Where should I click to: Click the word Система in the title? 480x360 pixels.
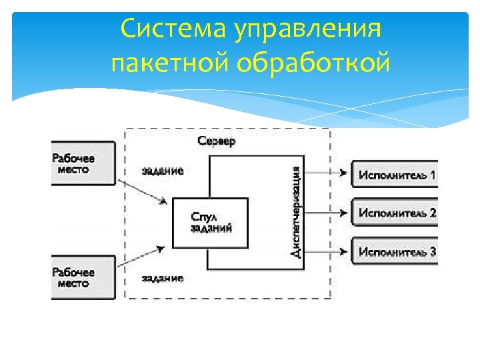169,30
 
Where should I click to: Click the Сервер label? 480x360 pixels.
217,142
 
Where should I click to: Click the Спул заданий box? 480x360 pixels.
210,223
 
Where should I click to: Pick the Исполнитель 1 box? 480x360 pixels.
395,175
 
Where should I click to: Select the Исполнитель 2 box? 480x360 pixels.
395,213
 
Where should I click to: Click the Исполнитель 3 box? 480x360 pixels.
395,251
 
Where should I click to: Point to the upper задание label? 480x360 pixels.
163,171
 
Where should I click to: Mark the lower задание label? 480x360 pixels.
163,277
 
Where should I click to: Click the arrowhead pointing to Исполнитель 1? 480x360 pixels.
343,175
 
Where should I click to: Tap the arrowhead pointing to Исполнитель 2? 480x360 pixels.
343,213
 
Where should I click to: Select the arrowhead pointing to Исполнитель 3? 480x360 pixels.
343,251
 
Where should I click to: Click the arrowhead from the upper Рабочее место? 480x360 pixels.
162,200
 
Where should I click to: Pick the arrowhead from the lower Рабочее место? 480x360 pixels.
161,249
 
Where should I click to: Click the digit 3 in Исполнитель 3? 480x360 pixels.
433,251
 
